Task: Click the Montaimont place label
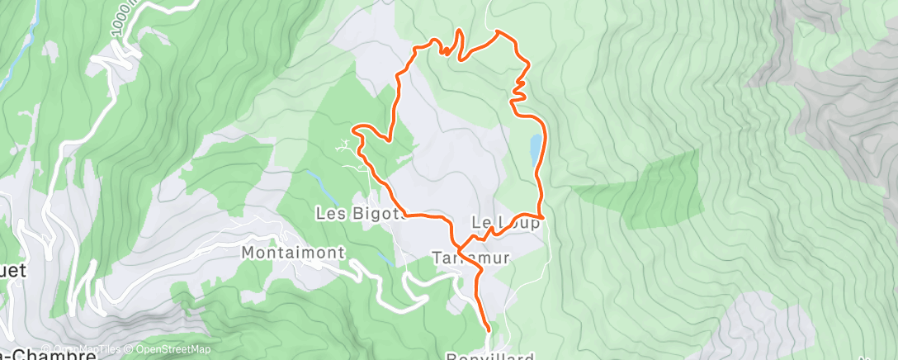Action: (293, 252)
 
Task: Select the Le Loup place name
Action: (506, 223)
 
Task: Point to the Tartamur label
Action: (471, 258)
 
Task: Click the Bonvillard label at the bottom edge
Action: (491, 356)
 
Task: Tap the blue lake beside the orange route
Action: (536, 147)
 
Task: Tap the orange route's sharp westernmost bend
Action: (355, 129)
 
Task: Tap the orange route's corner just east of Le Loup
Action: (543, 218)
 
